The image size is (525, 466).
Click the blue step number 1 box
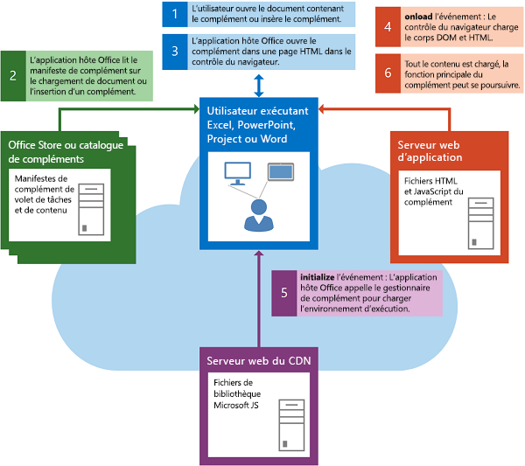(175, 14)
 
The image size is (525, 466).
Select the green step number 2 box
(14, 75)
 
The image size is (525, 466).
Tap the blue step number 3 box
(175, 52)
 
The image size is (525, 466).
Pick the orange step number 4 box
(388, 27)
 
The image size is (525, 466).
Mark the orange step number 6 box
(388, 74)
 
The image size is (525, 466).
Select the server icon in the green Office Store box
(90, 208)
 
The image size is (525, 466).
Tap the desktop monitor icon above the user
(237, 172)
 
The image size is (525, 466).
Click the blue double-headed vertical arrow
(258, 86)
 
